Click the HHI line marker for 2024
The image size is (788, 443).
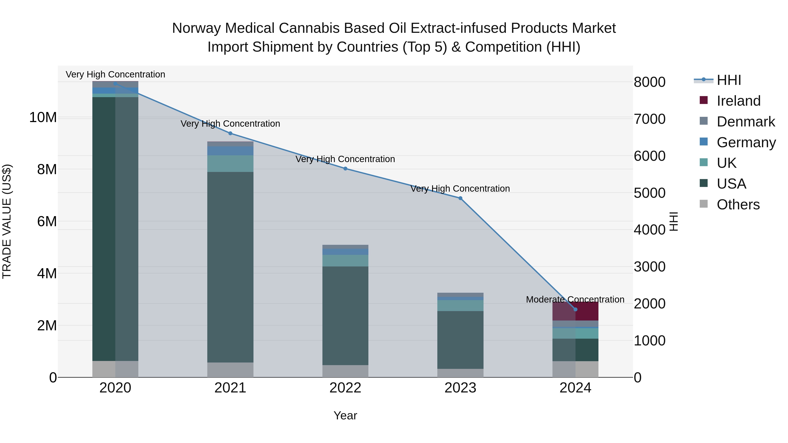[x=575, y=309]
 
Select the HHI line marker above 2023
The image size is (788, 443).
[x=460, y=198]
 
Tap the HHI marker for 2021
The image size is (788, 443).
[x=230, y=133]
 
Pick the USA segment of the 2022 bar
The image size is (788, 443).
[x=345, y=315]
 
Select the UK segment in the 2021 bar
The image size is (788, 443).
[x=230, y=164]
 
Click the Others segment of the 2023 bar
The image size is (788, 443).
[x=460, y=373]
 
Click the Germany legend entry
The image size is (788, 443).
[x=746, y=142]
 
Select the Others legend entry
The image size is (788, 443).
[x=738, y=205]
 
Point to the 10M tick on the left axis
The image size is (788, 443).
[x=43, y=117]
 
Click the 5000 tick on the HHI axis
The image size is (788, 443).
[x=649, y=193]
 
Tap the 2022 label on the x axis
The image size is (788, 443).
[x=345, y=388]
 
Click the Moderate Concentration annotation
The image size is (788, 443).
[x=575, y=300]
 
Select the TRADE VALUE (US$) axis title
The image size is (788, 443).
[x=7, y=221]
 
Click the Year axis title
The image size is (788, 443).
[x=345, y=415]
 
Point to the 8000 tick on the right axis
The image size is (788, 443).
[x=649, y=82]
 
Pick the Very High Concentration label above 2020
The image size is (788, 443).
[x=115, y=74]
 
